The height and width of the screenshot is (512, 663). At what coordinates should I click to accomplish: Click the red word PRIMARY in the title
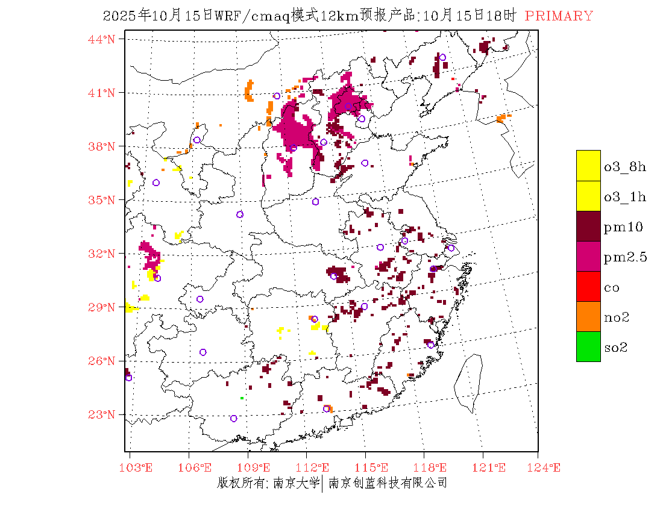pyautogui.click(x=559, y=16)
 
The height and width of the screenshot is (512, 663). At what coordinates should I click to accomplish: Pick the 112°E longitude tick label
pyautogui.click(x=316, y=467)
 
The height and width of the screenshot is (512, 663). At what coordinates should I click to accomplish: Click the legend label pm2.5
pyautogui.click(x=625, y=257)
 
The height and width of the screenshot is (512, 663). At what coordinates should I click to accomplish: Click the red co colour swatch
pyautogui.click(x=588, y=286)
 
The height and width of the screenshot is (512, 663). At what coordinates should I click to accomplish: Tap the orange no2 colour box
pyautogui.click(x=588, y=316)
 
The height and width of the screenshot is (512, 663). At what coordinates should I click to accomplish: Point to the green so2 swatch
pyautogui.click(x=588, y=346)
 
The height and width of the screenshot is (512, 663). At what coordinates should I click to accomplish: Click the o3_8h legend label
pyautogui.click(x=624, y=167)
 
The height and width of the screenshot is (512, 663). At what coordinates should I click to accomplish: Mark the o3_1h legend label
pyautogui.click(x=624, y=197)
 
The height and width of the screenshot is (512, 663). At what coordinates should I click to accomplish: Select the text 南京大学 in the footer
pyautogui.click(x=296, y=483)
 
